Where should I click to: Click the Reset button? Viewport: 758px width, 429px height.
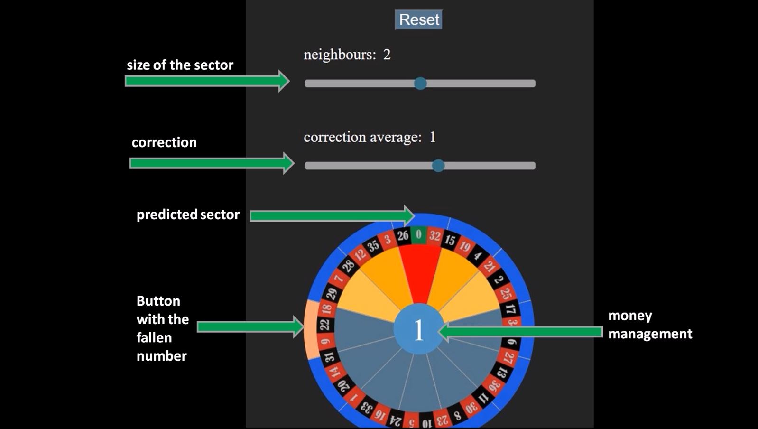418,20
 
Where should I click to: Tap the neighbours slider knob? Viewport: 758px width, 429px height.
420,84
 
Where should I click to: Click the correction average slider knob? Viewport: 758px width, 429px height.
438,166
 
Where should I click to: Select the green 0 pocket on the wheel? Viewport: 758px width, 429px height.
418,234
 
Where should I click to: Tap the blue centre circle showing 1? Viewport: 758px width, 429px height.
418,330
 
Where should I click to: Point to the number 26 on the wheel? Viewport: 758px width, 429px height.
403,235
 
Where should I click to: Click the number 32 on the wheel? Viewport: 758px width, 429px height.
434,235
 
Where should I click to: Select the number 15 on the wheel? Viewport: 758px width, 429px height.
450,240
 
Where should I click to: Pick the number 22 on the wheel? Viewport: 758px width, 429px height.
325,325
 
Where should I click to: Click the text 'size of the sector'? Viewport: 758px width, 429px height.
180,65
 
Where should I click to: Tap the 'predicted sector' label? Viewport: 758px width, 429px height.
188,214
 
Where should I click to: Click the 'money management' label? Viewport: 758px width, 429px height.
650,325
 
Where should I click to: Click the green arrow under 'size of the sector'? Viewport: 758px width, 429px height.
207,81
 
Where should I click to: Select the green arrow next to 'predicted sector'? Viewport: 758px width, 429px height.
332,216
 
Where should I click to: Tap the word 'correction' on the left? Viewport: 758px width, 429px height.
164,142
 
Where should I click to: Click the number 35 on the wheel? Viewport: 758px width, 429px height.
374,245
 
